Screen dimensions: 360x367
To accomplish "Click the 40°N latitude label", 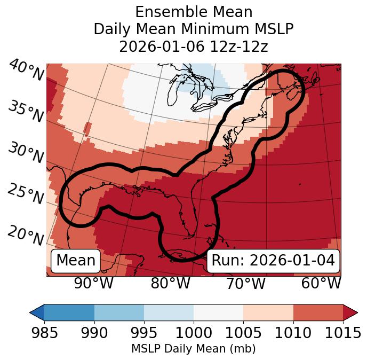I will (26, 71).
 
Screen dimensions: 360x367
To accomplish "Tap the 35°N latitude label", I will (26, 111).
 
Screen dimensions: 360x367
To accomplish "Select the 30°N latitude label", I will (26, 153).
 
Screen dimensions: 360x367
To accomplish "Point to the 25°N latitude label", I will (26, 194).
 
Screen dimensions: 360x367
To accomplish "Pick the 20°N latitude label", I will (26, 235).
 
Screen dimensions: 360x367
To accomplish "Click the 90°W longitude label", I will (94, 284).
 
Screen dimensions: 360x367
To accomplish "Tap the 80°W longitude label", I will (170, 284).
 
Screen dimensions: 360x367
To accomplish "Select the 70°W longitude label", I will (246, 284).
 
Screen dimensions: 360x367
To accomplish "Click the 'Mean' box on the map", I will (76, 261).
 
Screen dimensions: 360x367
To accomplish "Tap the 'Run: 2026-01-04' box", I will (273, 261).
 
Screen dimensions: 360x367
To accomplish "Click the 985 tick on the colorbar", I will (44, 333).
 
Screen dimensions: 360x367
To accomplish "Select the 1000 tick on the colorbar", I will (194, 333).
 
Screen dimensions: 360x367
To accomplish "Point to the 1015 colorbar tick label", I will (343, 333).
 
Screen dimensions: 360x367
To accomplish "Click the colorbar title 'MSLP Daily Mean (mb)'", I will (193, 349).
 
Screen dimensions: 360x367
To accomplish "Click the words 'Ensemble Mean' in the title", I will (193, 12).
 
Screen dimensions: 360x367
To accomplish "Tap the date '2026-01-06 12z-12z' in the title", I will (193, 46).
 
